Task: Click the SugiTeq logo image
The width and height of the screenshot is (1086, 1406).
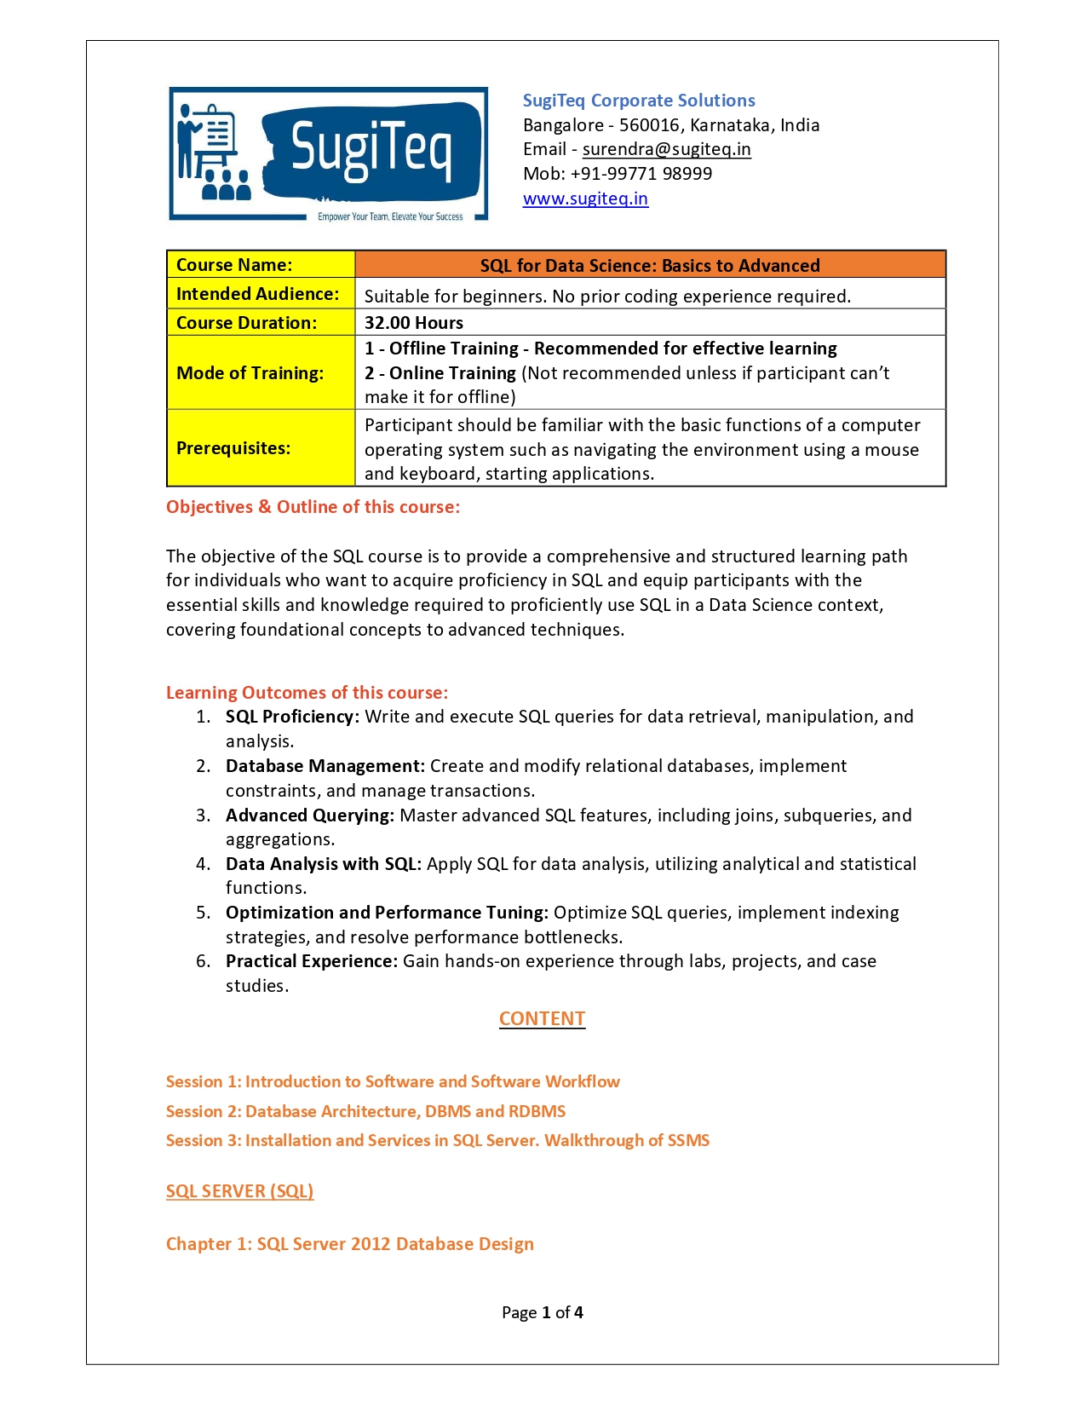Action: coord(328,153)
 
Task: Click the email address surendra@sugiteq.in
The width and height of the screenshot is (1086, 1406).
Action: coord(666,149)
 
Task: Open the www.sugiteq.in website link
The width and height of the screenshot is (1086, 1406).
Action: coord(585,199)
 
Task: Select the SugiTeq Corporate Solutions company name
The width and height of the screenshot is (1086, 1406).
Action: coord(639,101)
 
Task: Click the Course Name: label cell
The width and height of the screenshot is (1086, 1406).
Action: coord(260,265)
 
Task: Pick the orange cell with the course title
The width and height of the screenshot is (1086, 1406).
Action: coord(650,265)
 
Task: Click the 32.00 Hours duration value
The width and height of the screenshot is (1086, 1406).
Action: coord(414,323)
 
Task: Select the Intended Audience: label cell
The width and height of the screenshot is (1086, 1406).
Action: coord(260,294)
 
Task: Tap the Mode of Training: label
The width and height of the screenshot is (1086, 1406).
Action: coord(250,373)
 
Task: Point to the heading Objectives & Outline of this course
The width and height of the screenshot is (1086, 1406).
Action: coord(313,507)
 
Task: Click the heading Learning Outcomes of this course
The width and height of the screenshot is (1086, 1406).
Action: coord(307,693)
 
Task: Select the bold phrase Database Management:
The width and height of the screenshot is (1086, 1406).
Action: coord(325,766)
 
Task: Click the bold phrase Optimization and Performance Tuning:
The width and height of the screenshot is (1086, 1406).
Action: coord(387,913)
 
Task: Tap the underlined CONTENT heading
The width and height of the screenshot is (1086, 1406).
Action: coord(542,1019)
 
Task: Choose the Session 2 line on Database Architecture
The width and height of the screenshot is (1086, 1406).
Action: coord(365,1111)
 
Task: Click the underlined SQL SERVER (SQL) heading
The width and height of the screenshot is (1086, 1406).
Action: coord(239,1191)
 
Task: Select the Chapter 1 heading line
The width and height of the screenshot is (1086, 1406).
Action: coord(349,1244)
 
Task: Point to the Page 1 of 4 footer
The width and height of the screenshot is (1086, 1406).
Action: coord(542,1312)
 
